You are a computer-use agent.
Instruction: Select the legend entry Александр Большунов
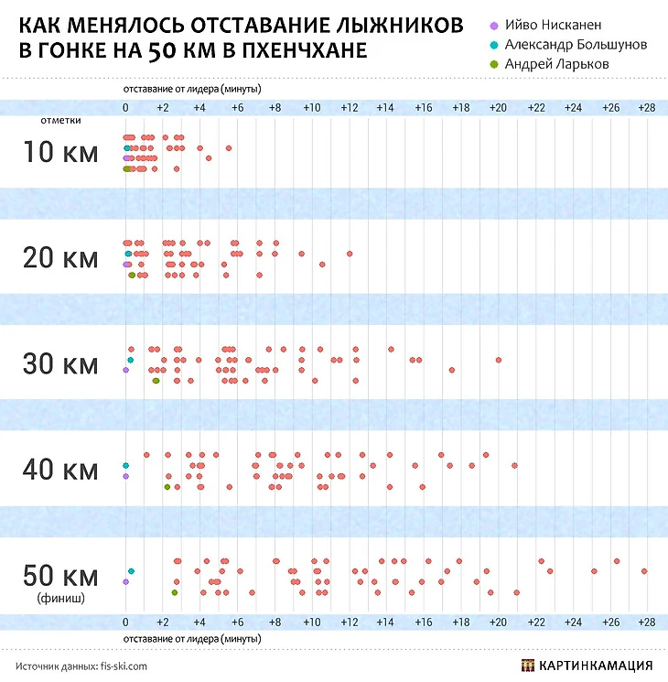pyautogui.click(x=570, y=45)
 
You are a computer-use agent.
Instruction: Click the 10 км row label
pyautogui.click(x=60, y=152)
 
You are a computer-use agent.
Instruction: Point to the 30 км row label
pyautogui.click(x=60, y=363)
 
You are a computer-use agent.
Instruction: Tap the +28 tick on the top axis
pyautogui.click(x=647, y=108)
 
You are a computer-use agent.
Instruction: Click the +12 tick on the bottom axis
pyautogui.click(x=349, y=622)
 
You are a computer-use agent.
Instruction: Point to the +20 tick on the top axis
pyautogui.click(x=498, y=108)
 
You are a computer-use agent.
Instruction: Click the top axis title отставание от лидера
pyautogui.click(x=192, y=91)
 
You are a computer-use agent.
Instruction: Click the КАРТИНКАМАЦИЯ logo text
pyautogui.click(x=598, y=666)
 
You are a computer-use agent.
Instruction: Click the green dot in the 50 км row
pyautogui.click(x=174, y=592)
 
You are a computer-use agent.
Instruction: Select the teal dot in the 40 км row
pyautogui.click(x=125, y=465)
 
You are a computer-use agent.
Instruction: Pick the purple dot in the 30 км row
pyautogui.click(x=125, y=371)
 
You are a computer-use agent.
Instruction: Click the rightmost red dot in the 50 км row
pyautogui.click(x=644, y=570)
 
